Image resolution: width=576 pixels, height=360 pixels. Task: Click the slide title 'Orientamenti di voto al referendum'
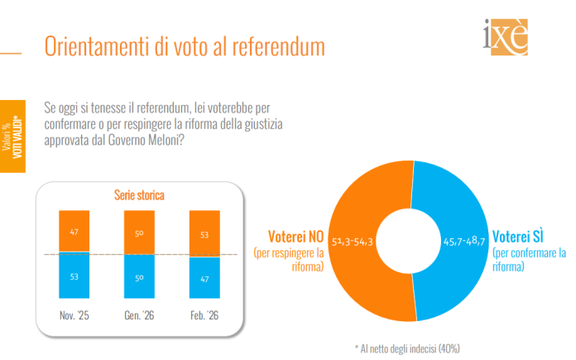click(x=184, y=46)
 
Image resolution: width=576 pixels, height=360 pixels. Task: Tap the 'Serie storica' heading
click(x=138, y=196)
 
